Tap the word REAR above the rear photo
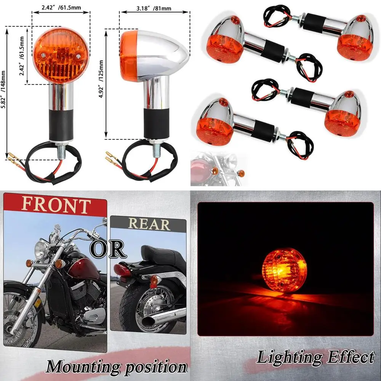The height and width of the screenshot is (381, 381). [149, 224]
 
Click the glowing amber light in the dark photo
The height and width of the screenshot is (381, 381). [284, 272]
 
